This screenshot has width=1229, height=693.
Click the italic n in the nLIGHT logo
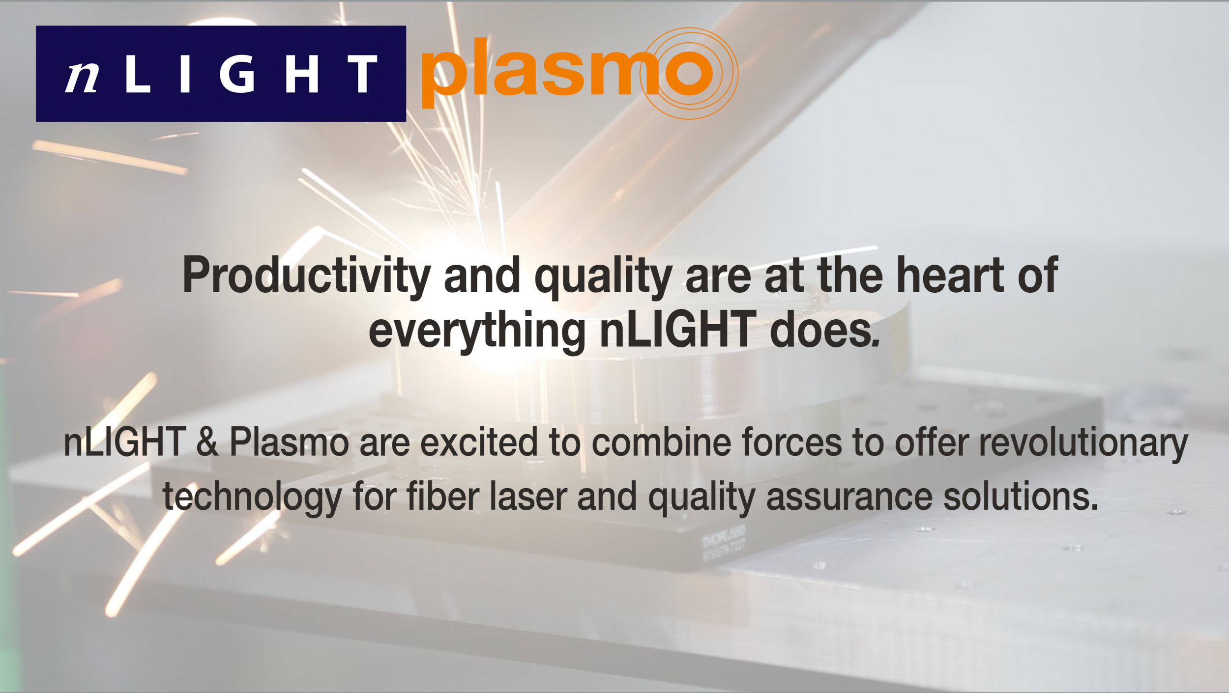pos(82,77)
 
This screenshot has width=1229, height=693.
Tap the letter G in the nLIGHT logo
pos(237,74)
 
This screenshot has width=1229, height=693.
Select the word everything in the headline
pos(476,331)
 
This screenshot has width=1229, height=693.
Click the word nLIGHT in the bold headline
pos(678,330)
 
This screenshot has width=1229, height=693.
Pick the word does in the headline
pos(824,330)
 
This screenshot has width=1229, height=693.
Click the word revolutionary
pos(1083,442)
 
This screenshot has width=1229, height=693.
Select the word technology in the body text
pos(252,497)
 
